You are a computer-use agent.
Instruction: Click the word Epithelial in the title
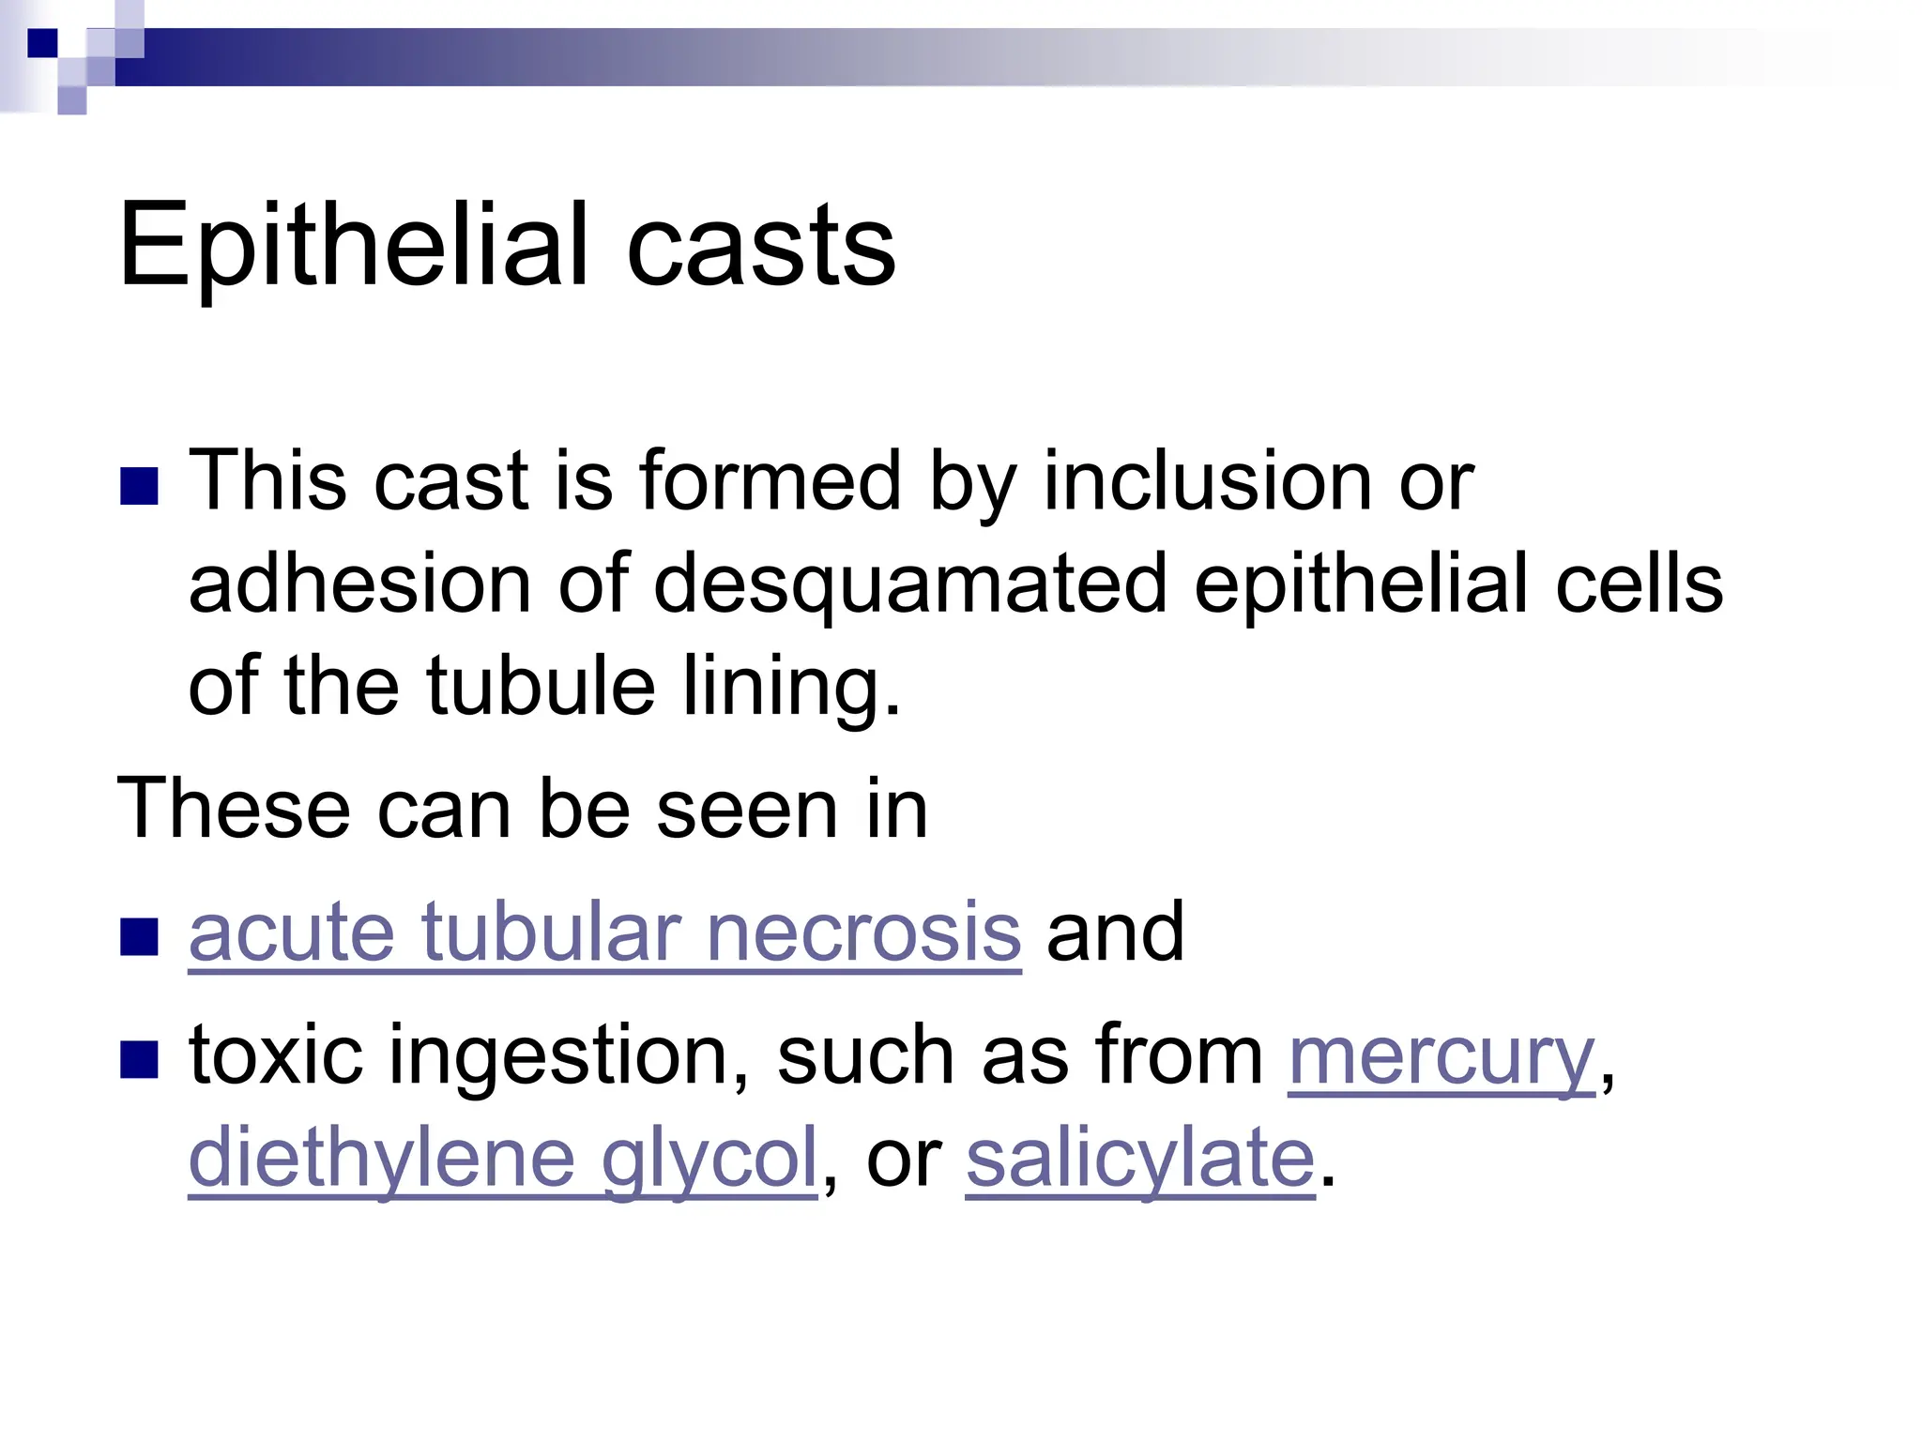coord(353,246)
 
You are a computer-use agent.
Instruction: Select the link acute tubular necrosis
coord(604,933)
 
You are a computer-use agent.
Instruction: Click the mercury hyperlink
coord(1441,1056)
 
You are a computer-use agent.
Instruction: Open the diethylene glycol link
coord(503,1160)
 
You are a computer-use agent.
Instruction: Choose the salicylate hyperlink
coord(1140,1160)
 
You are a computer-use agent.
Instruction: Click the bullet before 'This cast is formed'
coord(139,486)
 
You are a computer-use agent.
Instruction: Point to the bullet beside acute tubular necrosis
coord(139,936)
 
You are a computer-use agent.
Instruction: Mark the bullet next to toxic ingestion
coord(139,1059)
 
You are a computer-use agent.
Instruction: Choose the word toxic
coord(276,1056)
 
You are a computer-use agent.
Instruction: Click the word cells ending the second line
coord(1639,584)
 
